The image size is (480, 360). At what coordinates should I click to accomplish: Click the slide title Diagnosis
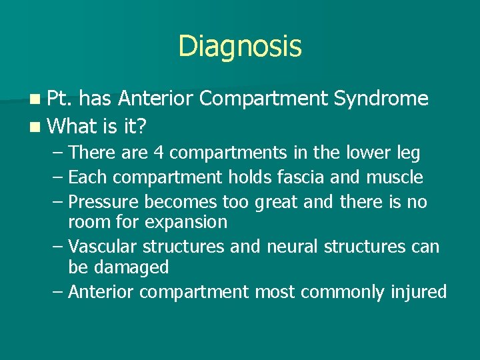[x=240, y=47]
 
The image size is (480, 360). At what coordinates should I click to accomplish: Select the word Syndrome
[x=381, y=99]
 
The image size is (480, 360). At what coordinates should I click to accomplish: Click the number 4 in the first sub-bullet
[x=159, y=153]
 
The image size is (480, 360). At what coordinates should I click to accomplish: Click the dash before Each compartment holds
[x=58, y=177]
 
